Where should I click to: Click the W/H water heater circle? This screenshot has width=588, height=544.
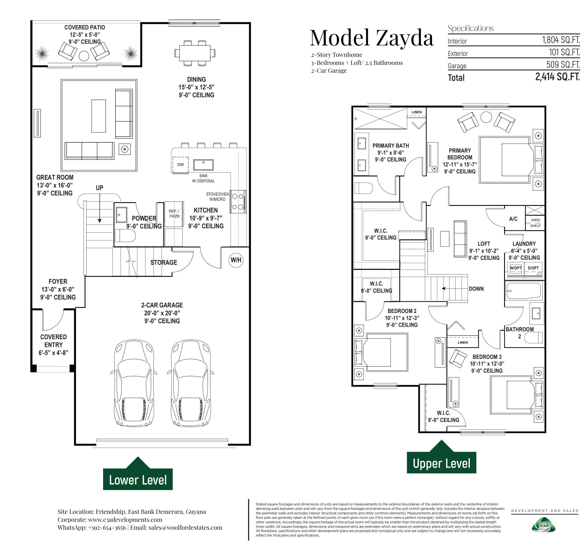(x=236, y=260)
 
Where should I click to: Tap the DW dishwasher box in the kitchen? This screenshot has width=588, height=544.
(x=181, y=164)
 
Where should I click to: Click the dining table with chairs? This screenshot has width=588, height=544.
(x=195, y=53)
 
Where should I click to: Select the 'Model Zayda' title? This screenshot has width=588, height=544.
(x=372, y=38)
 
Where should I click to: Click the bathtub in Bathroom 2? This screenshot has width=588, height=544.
(x=524, y=291)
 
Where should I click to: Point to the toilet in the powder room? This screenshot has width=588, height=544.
(x=125, y=236)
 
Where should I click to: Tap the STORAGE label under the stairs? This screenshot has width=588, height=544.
(x=164, y=263)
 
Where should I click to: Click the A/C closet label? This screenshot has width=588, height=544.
(x=513, y=219)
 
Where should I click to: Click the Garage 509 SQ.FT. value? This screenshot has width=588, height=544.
(x=563, y=64)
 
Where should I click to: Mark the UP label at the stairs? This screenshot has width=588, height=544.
(x=99, y=188)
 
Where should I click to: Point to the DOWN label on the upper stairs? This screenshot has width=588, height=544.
(x=476, y=289)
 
